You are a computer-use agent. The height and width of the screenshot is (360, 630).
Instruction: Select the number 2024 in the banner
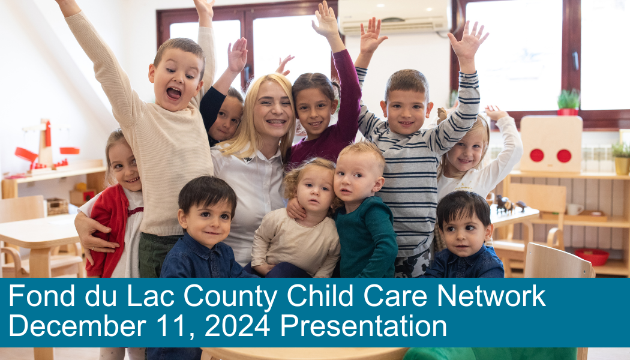(236, 326)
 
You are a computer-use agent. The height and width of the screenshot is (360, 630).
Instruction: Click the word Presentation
(363, 326)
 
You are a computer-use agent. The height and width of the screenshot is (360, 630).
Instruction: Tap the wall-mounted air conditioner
(395, 16)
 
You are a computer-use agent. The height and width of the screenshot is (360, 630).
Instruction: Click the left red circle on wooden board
(536, 155)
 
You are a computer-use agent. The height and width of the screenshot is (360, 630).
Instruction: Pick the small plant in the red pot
(568, 102)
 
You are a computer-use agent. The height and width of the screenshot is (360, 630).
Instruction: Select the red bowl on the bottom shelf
(591, 257)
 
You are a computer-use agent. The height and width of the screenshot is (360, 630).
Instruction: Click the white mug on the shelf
(574, 209)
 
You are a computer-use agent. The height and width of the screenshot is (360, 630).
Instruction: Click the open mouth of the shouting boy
(173, 93)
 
